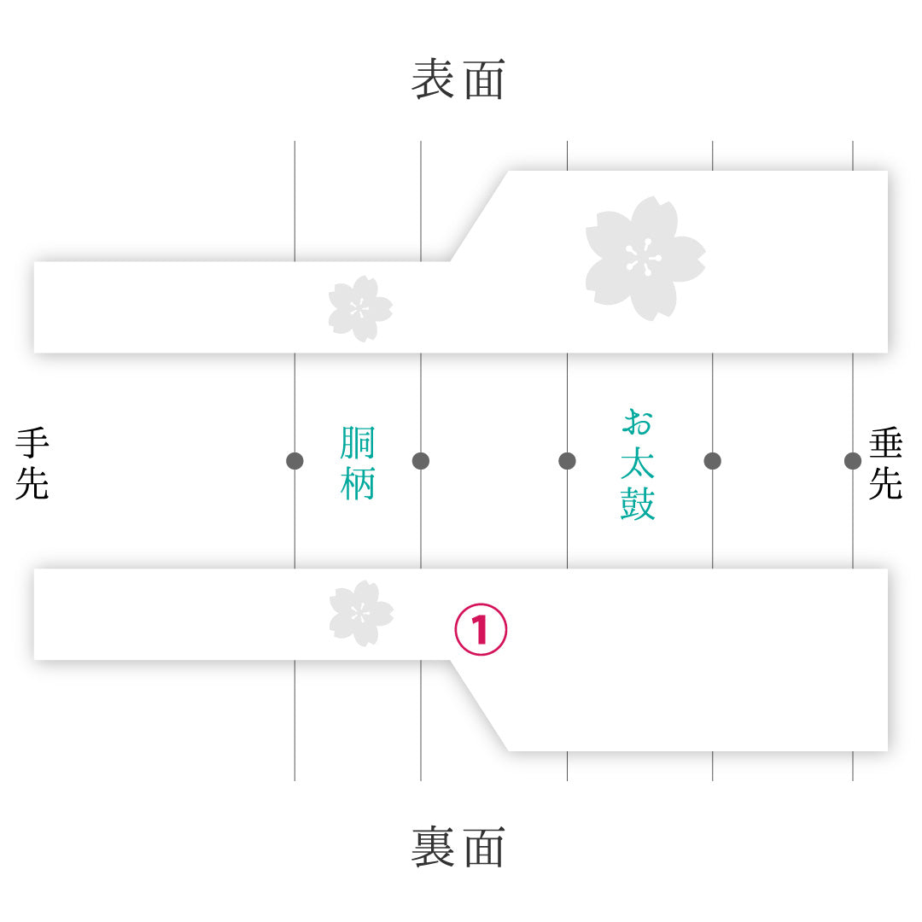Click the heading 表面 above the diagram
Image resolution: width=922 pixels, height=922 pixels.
tap(458, 79)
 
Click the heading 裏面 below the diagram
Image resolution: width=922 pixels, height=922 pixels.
tap(458, 847)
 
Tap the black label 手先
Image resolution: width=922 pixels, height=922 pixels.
tap(32, 464)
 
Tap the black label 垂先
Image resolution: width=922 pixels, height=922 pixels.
tap(885, 464)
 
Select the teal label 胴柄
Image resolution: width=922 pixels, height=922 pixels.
tap(358, 464)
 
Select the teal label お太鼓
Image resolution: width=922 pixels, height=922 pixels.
tap(638, 464)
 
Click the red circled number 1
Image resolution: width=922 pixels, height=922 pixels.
tap(481, 629)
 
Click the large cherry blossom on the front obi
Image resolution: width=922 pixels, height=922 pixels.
tap(645, 259)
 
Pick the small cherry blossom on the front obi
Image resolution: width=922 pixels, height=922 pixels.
tap(360, 309)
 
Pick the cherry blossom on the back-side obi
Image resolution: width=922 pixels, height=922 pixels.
tap(361, 613)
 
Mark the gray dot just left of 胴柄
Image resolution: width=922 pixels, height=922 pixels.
tap(295, 461)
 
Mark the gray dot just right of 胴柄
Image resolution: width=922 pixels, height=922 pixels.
tap(421, 461)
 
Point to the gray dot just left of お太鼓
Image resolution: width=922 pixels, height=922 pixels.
tap(568, 461)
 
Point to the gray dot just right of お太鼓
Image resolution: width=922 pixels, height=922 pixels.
tap(713, 461)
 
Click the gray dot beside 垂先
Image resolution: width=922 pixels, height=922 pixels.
tap(853, 461)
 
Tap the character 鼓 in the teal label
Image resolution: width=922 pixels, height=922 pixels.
tap(638, 504)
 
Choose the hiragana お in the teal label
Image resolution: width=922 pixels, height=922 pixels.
tap(638, 423)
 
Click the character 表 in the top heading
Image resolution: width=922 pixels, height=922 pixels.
tap(432, 79)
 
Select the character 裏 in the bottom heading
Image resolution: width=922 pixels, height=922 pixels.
tap(432, 847)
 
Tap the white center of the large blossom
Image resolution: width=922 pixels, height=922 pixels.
tap(644, 258)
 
